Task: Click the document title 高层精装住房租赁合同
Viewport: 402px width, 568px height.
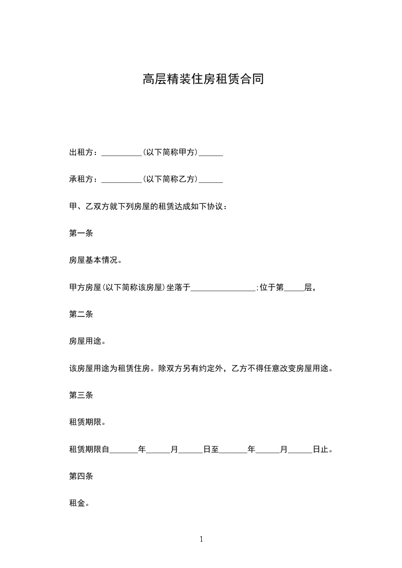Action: (x=203, y=79)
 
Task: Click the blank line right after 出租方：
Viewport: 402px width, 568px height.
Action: (x=122, y=154)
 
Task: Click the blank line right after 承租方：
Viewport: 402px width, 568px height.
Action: (x=122, y=181)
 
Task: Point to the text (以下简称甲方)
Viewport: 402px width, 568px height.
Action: (x=170, y=152)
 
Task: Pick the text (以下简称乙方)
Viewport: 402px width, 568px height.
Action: (x=170, y=179)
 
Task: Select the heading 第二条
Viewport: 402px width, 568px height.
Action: (x=81, y=314)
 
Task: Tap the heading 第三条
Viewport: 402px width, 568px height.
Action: (x=81, y=395)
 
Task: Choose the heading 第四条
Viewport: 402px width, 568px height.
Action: (x=81, y=476)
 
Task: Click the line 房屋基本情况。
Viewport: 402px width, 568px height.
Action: (x=95, y=260)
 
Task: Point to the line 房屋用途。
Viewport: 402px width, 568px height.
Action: (x=87, y=341)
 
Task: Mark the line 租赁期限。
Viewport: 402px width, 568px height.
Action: (x=87, y=422)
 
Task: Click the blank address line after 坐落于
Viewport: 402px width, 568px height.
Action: (x=224, y=289)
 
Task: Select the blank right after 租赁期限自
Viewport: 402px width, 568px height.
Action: (x=124, y=451)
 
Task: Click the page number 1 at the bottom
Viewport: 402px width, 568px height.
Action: (x=201, y=540)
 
